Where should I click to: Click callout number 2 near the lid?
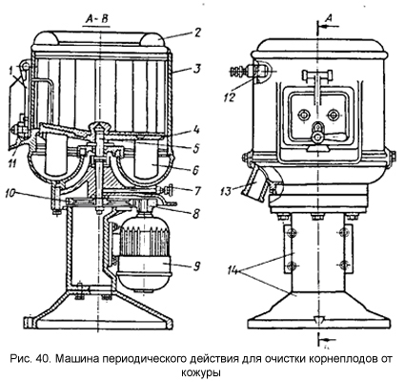click(x=197, y=32)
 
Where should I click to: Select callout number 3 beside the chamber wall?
click(x=197, y=69)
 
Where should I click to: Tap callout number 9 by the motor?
click(x=196, y=266)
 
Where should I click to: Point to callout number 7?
click(x=197, y=191)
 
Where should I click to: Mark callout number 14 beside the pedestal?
click(x=234, y=271)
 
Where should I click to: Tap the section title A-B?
click(x=95, y=19)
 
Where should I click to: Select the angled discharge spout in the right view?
click(x=254, y=183)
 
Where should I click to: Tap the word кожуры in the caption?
click(x=201, y=371)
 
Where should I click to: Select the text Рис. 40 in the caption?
click(x=30, y=359)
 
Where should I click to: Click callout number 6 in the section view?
click(x=196, y=170)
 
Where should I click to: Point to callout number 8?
click(x=196, y=213)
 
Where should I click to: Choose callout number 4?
click(x=196, y=130)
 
